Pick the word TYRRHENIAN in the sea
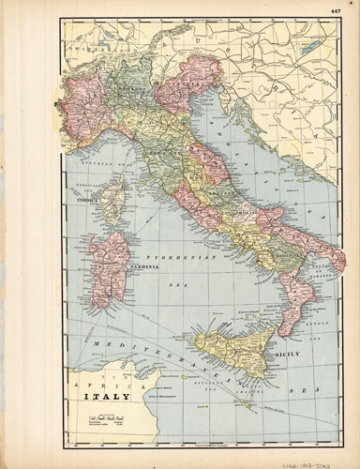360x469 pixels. (192, 255)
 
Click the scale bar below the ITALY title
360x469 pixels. (106, 416)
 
